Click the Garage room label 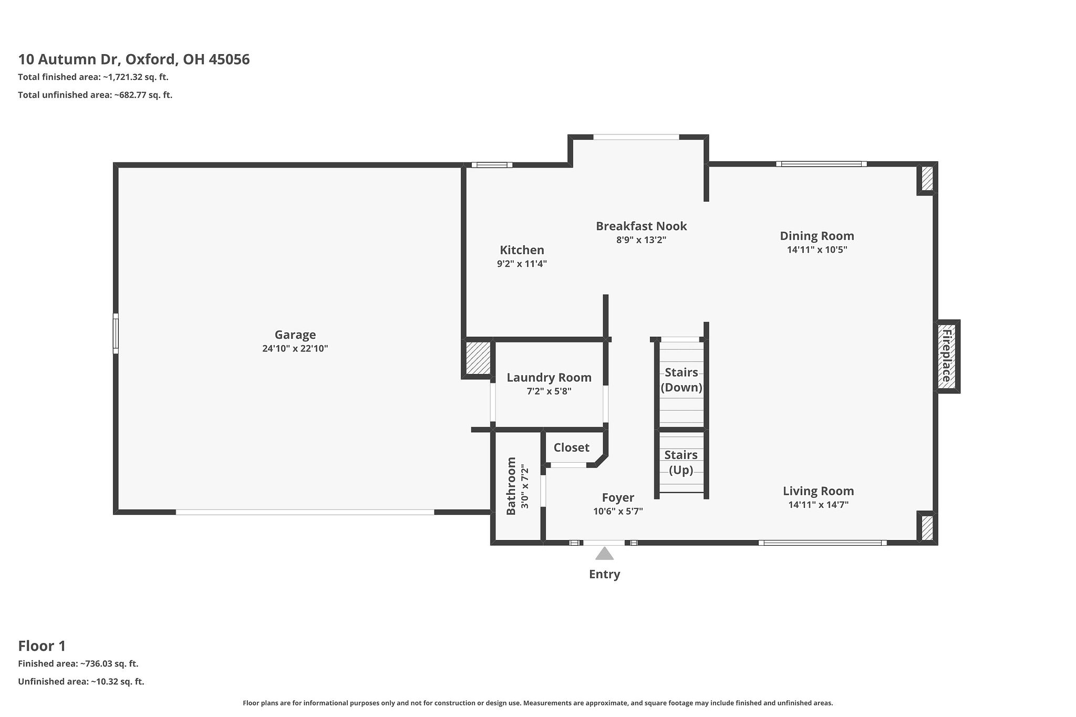[x=295, y=335]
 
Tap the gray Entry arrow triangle [x=604, y=554]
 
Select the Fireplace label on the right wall [x=946, y=356]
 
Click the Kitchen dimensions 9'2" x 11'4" [x=522, y=264]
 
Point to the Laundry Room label [x=549, y=377]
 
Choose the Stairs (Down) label [x=681, y=380]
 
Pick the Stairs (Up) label [x=681, y=462]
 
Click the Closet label [x=571, y=448]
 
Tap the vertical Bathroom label [x=511, y=486]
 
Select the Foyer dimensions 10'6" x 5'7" [x=618, y=511]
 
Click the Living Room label [x=818, y=491]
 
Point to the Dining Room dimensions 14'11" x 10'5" [x=816, y=250]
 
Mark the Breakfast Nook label [x=641, y=226]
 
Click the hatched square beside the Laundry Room [x=478, y=358]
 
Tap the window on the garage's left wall [x=116, y=334]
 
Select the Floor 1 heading [x=42, y=646]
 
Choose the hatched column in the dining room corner [x=927, y=179]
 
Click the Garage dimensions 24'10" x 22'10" [x=295, y=348]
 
